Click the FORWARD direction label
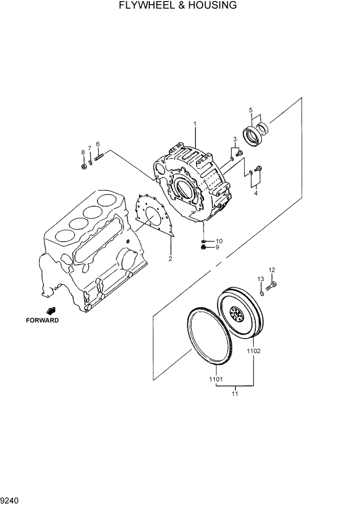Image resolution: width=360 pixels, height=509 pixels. pyautogui.click(x=43, y=320)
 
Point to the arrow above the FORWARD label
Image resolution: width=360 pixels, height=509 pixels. pyautogui.click(x=51, y=310)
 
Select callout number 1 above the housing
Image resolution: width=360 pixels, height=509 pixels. pyautogui.click(x=195, y=124)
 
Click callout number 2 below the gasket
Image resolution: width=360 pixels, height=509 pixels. pyautogui.click(x=170, y=258)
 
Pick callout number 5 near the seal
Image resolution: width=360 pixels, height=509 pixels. pyautogui.click(x=251, y=110)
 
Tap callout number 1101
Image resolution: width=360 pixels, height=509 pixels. pyautogui.click(x=215, y=380)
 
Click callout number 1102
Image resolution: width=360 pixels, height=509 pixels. pyautogui.click(x=254, y=351)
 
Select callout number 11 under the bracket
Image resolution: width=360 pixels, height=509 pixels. pyautogui.click(x=235, y=394)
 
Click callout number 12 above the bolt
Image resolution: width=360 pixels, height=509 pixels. pyautogui.click(x=272, y=270)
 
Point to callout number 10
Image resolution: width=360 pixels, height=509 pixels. pyautogui.click(x=219, y=241)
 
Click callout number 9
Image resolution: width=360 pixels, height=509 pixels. pyautogui.click(x=217, y=247)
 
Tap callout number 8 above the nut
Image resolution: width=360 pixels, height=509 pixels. pyautogui.click(x=83, y=152)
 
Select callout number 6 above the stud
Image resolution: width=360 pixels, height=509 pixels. pyautogui.click(x=97, y=144)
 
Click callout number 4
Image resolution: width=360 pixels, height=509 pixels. pyautogui.click(x=256, y=193)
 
